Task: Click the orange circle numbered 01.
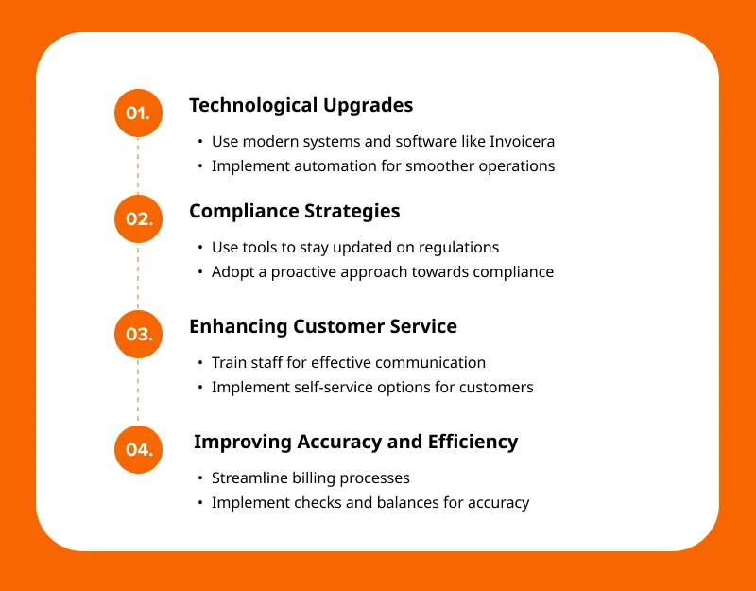click(138, 113)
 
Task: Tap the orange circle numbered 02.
click(138, 218)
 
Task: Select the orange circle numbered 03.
click(138, 334)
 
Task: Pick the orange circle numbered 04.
click(138, 449)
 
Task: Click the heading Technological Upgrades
click(301, 106)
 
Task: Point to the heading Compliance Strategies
click(295, 212)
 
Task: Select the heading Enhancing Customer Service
click(323, 326)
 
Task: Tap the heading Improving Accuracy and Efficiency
click(356, 442)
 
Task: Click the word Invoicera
click(523, 141)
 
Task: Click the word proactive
click(303, 272)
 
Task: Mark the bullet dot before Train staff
click(200, 363)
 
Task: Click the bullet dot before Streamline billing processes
click(200, 478)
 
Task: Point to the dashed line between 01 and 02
click(138, 166)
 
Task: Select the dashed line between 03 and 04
click(138, 391)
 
